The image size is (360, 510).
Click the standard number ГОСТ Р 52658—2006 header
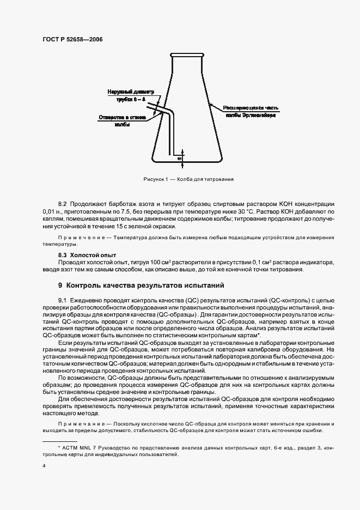tap(72, 40)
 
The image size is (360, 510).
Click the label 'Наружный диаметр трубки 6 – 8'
tap(131, 96)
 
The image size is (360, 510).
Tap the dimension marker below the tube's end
tap(180, 159)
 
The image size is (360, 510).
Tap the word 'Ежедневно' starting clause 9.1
tap(85, 301)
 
